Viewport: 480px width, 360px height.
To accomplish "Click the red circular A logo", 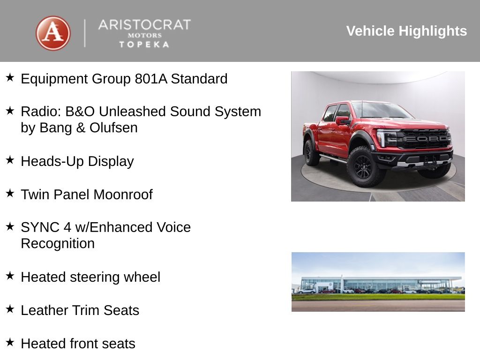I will (53, 33).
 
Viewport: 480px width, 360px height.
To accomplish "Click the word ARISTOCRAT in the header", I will (144, 25).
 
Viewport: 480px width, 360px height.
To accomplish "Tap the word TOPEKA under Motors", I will (144, 45).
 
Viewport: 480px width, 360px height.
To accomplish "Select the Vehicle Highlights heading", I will (406, 31).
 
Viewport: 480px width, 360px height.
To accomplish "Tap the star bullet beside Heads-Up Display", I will (10, 160).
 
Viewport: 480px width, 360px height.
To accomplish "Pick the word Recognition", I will (58, 244).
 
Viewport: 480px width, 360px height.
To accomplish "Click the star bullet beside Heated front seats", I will (10, 342).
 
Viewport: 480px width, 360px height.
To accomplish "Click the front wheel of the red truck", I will (363, 166).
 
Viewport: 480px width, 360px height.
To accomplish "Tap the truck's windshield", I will (380, 111).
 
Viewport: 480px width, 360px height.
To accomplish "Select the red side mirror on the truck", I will (342, 120).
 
